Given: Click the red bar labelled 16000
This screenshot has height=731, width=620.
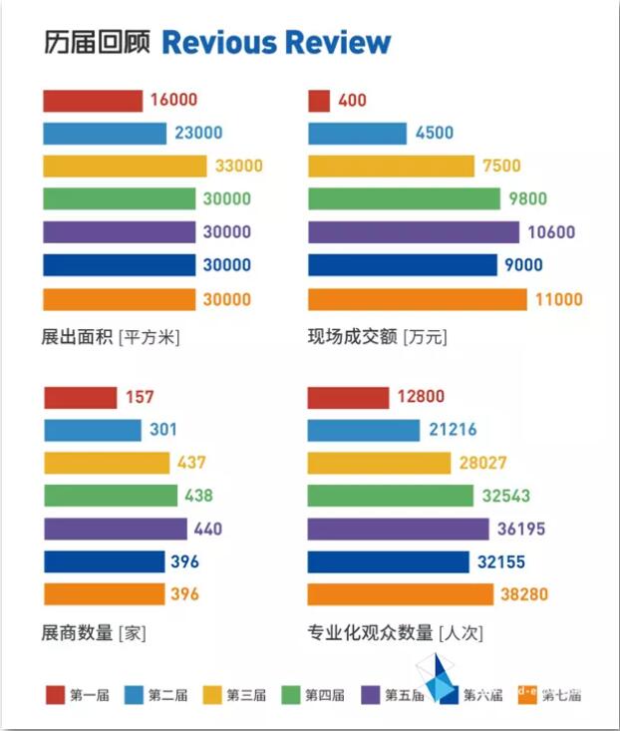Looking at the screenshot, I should click(x=93, y=100).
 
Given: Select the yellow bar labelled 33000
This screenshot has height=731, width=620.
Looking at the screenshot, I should click(x=125, y=166).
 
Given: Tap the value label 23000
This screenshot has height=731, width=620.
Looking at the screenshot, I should click(x=197, y=133).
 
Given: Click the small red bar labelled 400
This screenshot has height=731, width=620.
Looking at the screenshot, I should click(x=319, y=100).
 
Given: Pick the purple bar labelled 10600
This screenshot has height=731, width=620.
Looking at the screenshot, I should click(x=414, y=232).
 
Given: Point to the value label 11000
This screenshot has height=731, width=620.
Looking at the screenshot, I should click(x=558, y=299).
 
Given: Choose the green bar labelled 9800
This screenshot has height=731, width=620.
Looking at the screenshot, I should click(x=404, y=199).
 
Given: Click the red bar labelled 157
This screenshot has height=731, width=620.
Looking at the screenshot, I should click(x=80, y=398).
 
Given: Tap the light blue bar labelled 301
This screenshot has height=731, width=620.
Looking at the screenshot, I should click(x=92, y=430).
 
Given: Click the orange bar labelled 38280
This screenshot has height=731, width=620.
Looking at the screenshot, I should click(x=400, y=594).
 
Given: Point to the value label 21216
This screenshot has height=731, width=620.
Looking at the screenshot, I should click(x=452, y=431).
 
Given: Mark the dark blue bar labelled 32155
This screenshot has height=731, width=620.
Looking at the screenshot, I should click(x=388, y=561).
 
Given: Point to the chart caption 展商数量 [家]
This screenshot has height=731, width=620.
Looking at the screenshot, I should click(x=94, y=632).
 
